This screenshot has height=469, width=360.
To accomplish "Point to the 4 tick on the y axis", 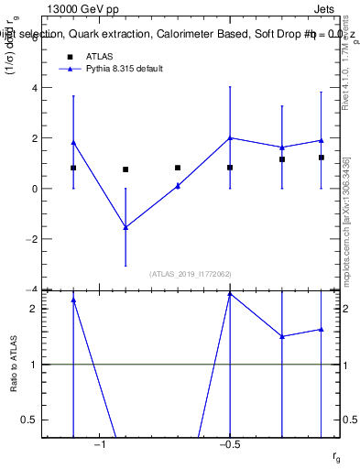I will click(x=35, y=88).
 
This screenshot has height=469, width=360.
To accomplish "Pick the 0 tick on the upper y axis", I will click(x=35, y=189).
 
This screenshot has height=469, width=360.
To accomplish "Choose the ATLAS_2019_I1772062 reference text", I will click(x=191, y=273).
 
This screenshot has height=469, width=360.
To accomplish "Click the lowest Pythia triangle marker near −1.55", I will click(x=125, y=227).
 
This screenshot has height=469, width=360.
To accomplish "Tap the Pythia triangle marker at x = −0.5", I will click(x=230, y=138).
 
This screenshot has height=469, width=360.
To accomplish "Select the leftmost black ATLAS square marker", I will click(x=73, y=168).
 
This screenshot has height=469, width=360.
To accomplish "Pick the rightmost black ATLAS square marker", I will click(x=322, y=158).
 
